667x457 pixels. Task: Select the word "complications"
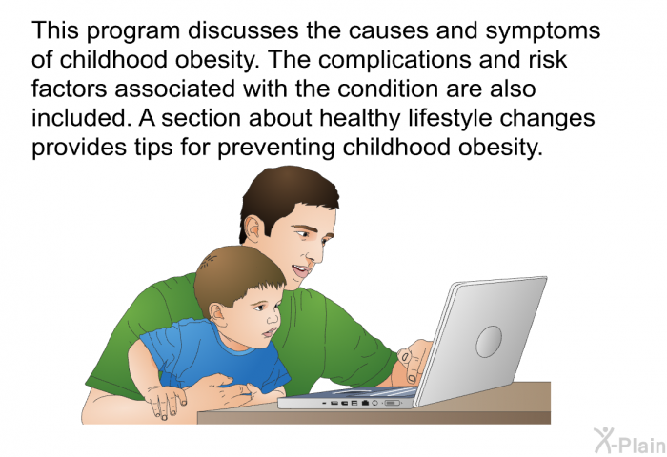[394, 60]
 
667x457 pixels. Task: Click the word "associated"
[174, 89]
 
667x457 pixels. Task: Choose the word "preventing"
[276, 149]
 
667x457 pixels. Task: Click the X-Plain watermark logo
[629, 441]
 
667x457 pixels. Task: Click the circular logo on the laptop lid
[488, 342]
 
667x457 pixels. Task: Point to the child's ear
[217, 315]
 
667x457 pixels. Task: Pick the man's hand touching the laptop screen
[414, 362]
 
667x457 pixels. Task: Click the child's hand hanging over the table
[166, 401]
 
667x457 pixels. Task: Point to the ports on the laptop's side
[361, 402]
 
